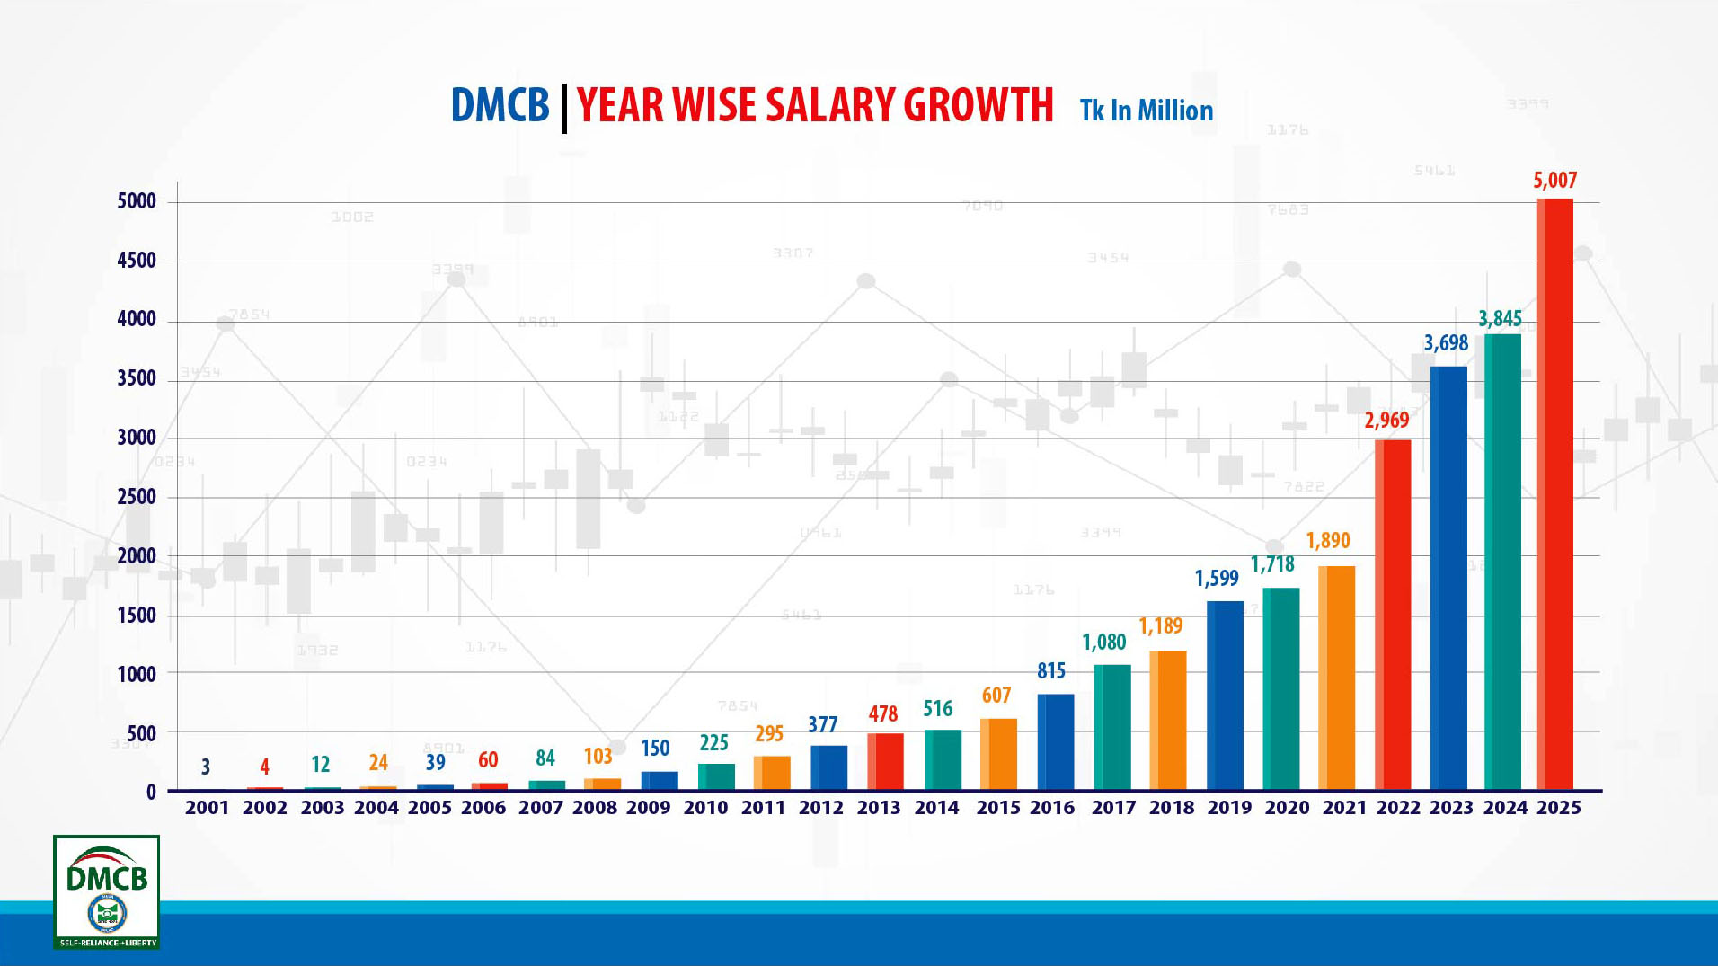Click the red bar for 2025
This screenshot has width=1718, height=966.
[1555, 494]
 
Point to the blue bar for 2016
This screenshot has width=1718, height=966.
[1055, 741]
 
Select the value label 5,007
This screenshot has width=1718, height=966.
[1554, 180]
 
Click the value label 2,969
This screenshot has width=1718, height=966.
[1386, 420]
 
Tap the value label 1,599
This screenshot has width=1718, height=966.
[1217, 578]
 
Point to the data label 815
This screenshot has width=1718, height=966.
[1050, 670]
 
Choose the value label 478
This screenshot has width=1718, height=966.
[882, 713]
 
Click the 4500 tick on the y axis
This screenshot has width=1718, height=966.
[137, 261]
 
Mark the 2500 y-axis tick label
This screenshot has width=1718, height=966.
[137, 497]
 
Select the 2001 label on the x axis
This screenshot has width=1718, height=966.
[207, 807]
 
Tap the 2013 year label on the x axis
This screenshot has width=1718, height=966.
[878, 807]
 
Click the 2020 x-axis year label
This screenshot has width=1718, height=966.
[1287, 807]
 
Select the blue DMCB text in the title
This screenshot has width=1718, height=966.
[500, 105]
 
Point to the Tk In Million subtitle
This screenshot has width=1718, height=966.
[1146, 111]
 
